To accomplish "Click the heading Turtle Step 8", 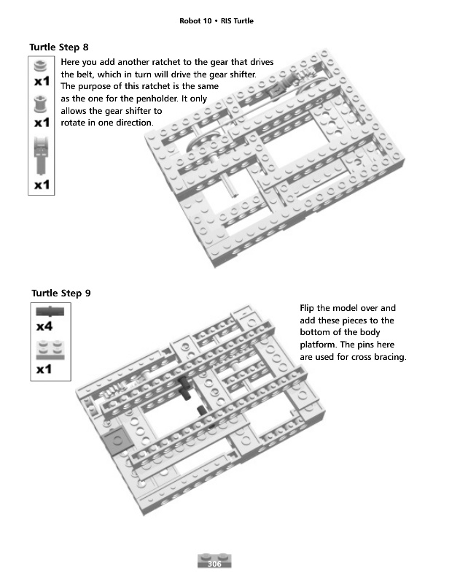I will (x=59, y=47).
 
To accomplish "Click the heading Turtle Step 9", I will (x=61, y=293).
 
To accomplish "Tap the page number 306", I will (x=214, y=565).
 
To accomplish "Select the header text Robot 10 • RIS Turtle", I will (x=216, y=20).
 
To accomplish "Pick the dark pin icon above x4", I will (x=50, y=311).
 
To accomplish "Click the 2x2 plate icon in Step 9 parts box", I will (x=50, y=347).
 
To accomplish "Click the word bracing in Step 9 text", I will (x=389, y=357).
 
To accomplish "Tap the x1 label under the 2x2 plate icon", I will (x=44, y=369).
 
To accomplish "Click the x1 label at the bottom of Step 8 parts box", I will (x=42, y=185).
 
